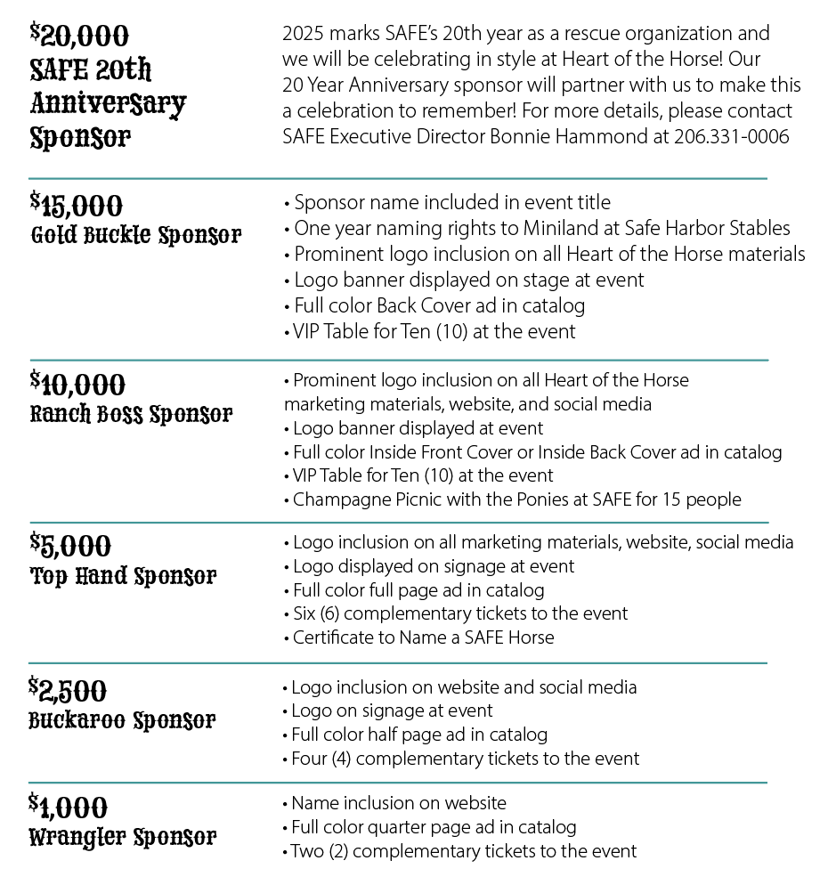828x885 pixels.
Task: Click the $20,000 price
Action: (79, 36)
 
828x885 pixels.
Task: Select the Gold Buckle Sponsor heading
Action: (136, 236)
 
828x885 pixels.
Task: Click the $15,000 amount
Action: (76, 206)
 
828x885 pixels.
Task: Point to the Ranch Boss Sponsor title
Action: (132, 415)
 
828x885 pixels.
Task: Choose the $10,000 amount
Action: (77, 385)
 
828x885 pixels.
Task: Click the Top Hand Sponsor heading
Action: (124, 576)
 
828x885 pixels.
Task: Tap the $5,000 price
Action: (70, 545)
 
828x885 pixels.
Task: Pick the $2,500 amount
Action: (68, 690)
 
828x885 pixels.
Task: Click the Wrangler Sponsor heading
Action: (123, 837)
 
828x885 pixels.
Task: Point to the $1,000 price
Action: (68, 807)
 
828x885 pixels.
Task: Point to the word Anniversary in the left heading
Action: (109, 103)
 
